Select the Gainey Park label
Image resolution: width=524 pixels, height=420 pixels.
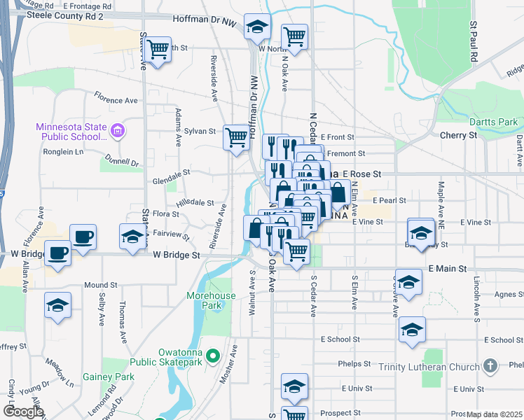(x=114, y=377)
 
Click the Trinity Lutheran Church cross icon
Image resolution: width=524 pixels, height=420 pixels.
(x=491, y=366)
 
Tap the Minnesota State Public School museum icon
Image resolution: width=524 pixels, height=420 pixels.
(x=118, y=131)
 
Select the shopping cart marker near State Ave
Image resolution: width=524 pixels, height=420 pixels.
(x=159, y=49)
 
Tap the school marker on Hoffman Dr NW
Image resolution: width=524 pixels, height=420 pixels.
(x=257, y=27)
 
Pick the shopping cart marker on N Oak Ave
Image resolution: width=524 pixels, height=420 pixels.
(x=295, y=36)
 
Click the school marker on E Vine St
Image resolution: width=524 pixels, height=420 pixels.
(x=420, y=231)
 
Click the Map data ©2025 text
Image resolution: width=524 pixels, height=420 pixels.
(x=494, y=414)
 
